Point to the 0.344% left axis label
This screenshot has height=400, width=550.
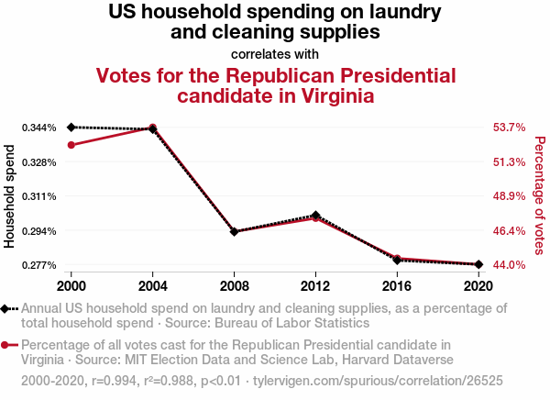39,128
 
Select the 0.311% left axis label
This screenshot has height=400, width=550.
39,196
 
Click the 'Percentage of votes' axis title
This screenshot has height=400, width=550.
540,196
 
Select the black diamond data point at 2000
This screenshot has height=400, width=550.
71,127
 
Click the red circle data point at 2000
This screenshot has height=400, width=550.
71,145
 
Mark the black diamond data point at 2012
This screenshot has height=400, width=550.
315,216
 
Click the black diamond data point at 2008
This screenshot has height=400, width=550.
235,232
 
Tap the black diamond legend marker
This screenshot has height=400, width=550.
6,309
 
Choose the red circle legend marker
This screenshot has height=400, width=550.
6,346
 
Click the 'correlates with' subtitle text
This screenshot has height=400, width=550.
275,53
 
